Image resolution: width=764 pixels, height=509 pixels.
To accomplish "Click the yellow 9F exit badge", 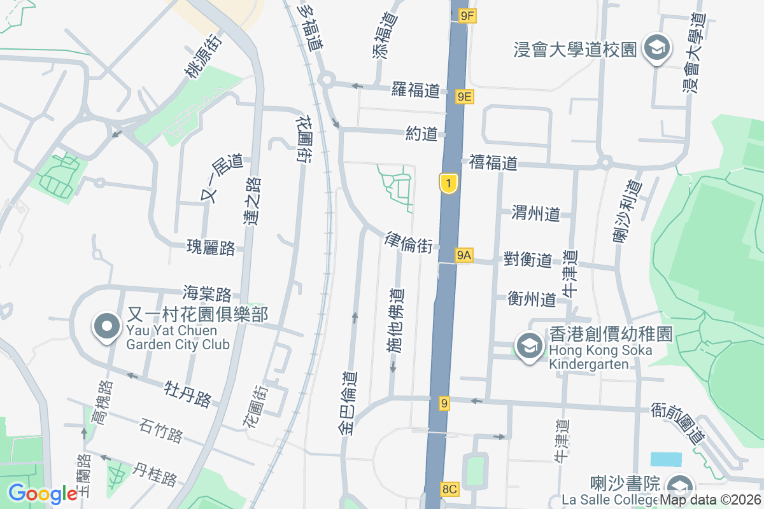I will pos(467,16).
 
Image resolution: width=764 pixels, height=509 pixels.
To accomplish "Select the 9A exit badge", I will pos(464,255).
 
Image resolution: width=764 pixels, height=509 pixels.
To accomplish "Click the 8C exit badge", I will pos(449,489).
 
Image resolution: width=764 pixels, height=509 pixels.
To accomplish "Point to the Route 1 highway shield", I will pos(449,184).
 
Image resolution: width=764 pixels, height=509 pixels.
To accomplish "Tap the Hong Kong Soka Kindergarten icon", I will pos(528,347).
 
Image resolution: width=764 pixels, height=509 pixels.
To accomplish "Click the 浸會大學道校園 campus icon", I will pos(654,48).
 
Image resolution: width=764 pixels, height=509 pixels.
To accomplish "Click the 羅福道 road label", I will pos(416,90).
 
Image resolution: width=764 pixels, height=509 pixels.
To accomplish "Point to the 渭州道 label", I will pos(535,214).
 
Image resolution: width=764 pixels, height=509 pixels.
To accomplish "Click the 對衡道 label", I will pos(527,259).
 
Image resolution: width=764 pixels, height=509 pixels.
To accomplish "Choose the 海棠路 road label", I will pos(206,294).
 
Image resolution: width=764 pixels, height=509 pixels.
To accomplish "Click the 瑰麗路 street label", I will pos(211,247).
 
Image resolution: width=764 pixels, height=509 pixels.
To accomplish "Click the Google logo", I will pos(43,494).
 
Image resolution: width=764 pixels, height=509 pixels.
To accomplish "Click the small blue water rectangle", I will pos(666,459).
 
